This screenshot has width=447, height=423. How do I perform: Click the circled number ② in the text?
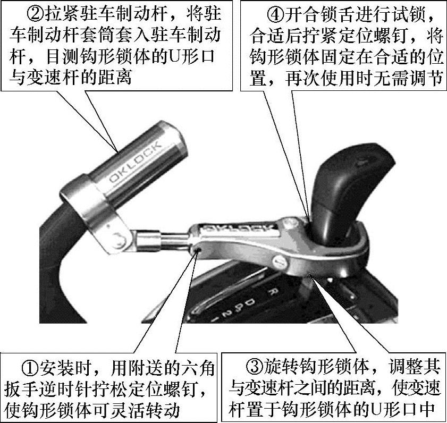(36, 14)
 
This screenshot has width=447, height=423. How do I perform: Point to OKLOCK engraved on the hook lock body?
(239, 228)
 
